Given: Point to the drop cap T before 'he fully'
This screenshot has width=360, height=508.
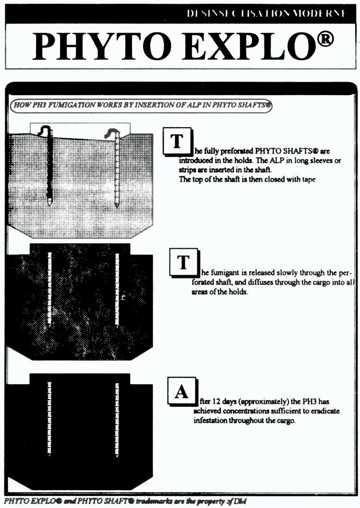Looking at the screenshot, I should (x=177, y=141).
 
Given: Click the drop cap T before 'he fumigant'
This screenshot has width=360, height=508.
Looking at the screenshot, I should (x=183, y=262).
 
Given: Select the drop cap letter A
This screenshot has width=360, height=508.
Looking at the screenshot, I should (x=181, y=392).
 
